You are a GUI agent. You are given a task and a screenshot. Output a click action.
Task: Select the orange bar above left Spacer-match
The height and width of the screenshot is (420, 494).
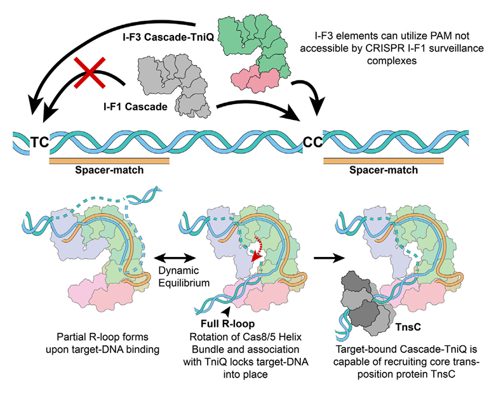click(x=109, y=162)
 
